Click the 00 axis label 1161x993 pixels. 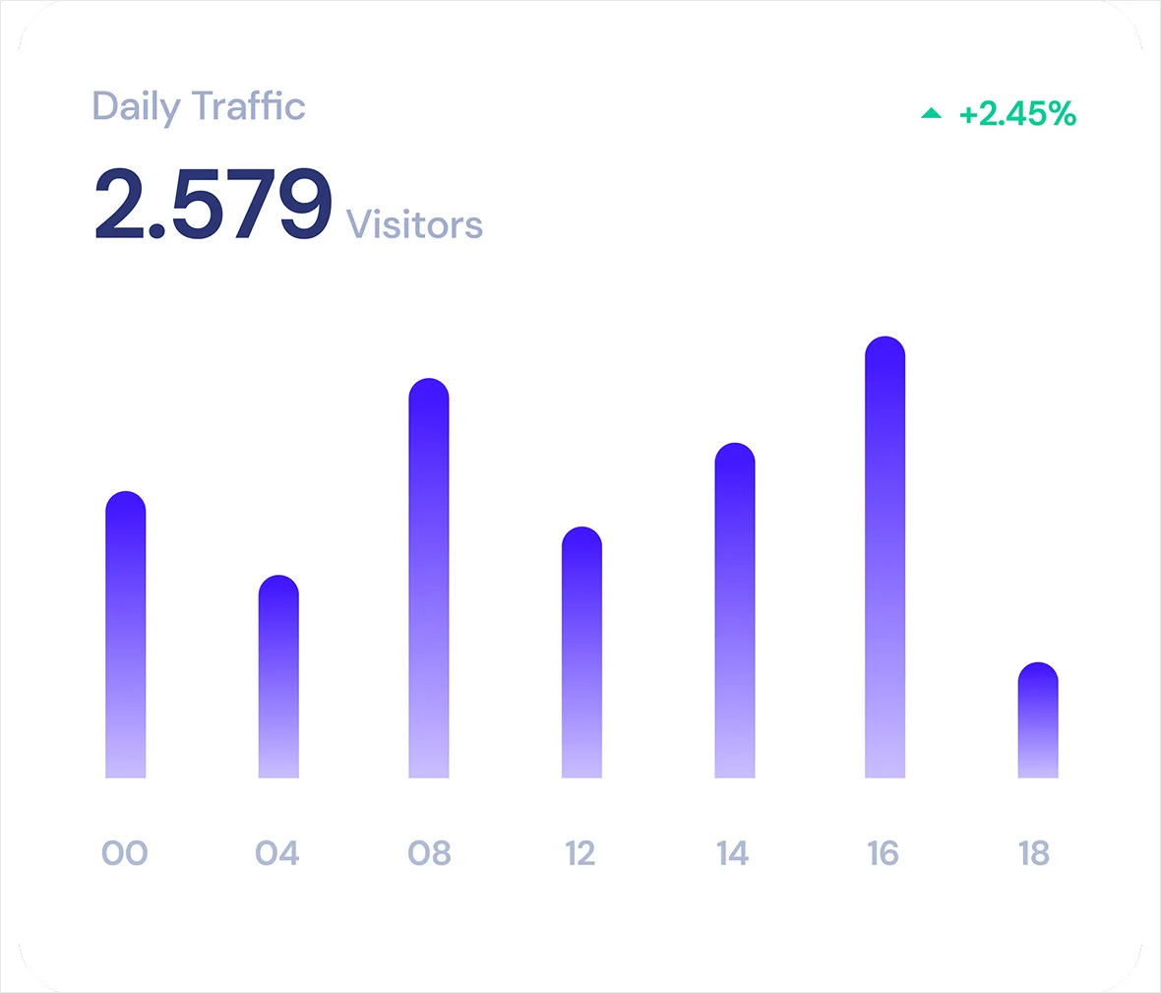(x=125, y=853)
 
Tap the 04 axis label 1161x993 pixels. (x=277, y=853)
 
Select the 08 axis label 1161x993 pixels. (x=430, y=853)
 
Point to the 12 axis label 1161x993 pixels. (x=580, y=853)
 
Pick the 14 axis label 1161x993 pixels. (x=733, y=853)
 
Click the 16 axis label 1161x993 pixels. (x=884, y=853)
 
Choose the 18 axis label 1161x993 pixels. (x=1034, y=853)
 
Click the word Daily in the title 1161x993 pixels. (x=137, y=106)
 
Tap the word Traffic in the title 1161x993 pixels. (x=249, y=105)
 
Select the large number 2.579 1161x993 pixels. (x=214, y=205)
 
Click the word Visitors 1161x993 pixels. (x=414, y=224)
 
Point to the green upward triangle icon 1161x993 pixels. (x=931, y=114)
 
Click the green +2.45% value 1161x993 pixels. (x=1017, y=114)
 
